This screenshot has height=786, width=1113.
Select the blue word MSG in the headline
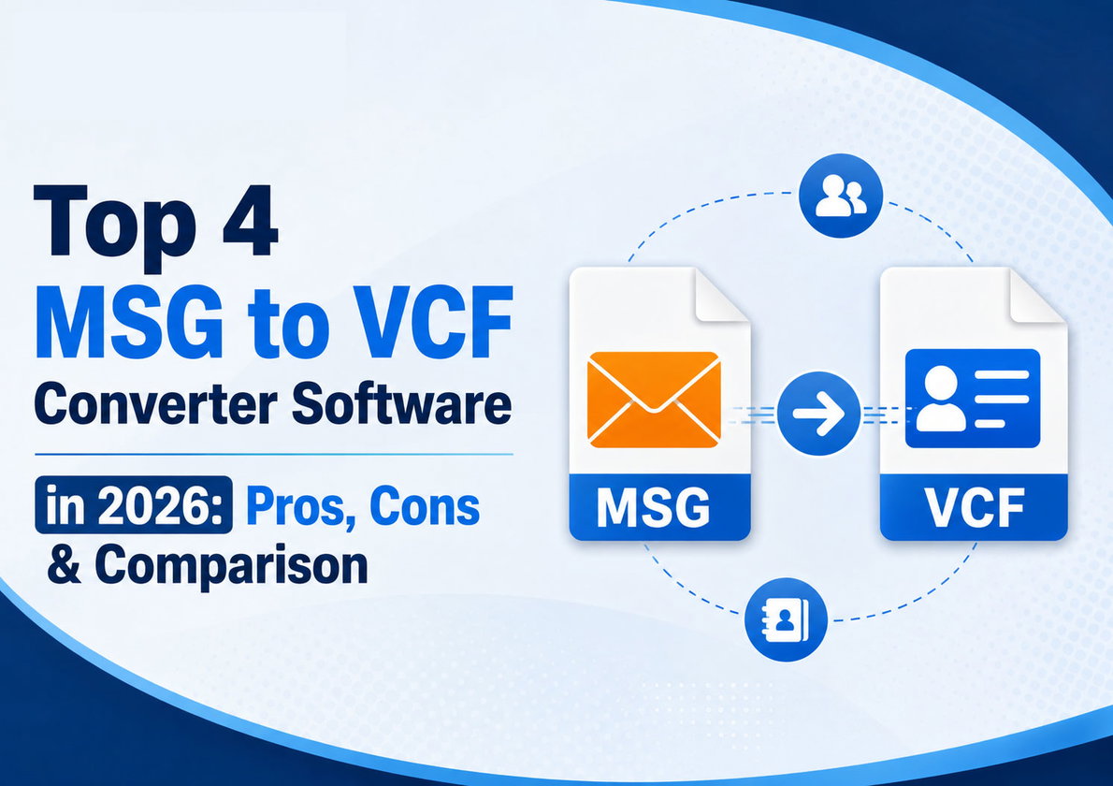click(x=129, y=322)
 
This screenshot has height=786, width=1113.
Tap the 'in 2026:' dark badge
click(x=134, y=505)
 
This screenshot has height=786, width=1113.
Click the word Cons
click(x=425, y=506)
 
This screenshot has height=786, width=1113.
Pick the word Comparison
click(x=231, y=566)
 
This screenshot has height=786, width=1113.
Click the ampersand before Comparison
click(x=65, y=563)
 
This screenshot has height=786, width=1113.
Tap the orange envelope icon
click(x=654, y=400)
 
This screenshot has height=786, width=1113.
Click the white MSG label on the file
click(x=653, y=507)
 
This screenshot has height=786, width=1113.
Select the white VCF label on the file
click(x=974, y=507)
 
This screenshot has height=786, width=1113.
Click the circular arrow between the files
click(x=818, y=414)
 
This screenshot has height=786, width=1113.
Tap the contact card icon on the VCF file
click(x=973, y=399)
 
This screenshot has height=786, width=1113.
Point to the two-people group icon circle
click(x=841, y=196)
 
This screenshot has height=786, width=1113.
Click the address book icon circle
click(x=786, y=619)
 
